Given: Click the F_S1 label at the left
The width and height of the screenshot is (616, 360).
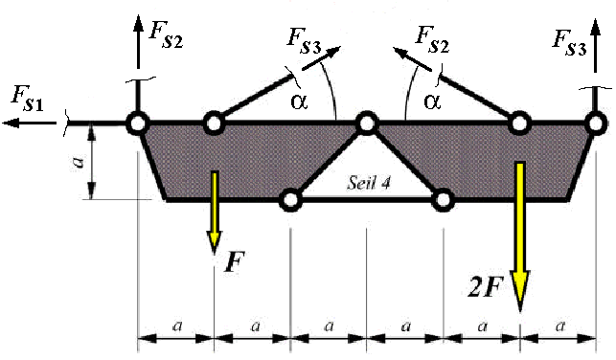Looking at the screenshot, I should [x=27, y=97].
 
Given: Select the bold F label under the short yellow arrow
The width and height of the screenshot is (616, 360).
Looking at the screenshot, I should [x=231, y=263].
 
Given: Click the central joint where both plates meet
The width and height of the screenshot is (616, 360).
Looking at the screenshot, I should [x=366, y=123].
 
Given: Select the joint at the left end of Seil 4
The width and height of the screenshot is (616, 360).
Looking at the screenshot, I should [x=289, y=199].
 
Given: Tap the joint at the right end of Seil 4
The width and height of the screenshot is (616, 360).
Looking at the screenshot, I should [x=443, y=199].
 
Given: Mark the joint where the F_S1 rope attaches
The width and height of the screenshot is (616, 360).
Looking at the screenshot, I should [x=138, y=123].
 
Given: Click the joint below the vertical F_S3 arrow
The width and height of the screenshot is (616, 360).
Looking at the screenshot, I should [x=595, y=123].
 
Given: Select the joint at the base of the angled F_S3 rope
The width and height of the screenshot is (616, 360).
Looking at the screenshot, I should [x=214, y=123].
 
